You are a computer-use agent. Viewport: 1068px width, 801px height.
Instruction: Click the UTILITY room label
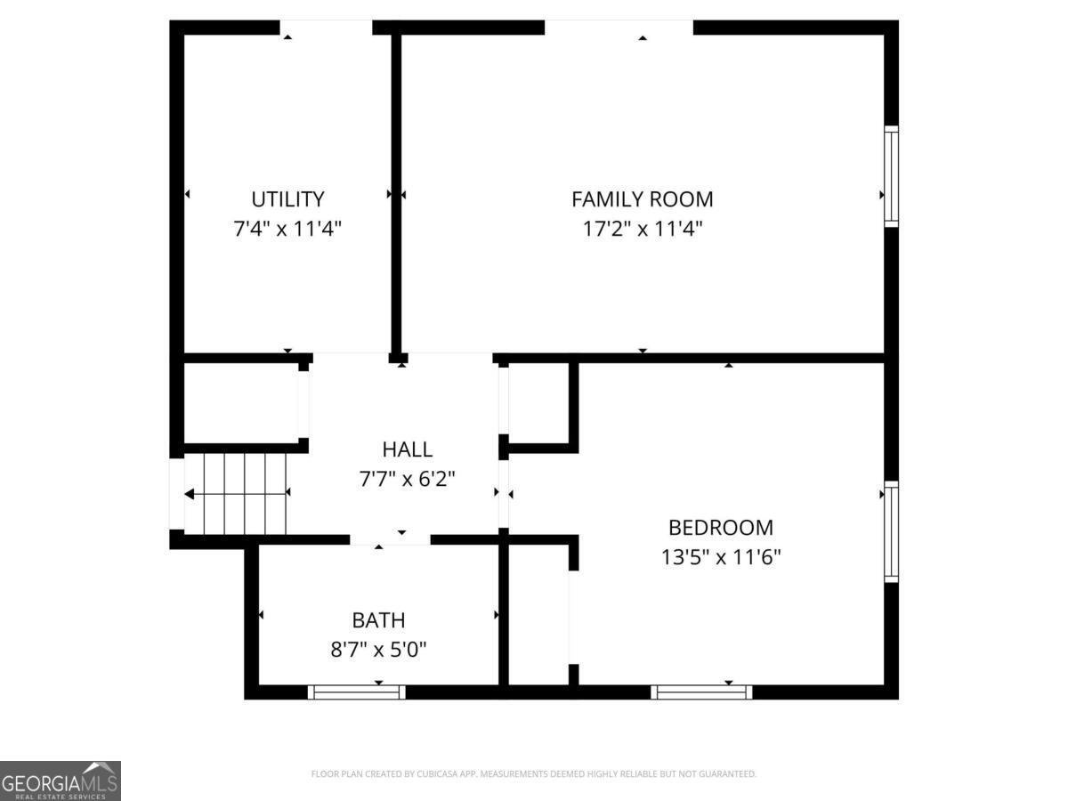click(287, 198)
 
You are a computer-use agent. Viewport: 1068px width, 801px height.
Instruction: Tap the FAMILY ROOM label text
click(643, 198)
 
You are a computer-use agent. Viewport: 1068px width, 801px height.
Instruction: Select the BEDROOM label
click(721, 528)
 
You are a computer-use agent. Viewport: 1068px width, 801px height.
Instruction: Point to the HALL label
click(407, 449)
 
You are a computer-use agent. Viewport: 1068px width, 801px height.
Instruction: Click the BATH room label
click(378, 620)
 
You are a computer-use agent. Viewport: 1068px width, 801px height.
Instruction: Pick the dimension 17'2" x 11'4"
click(643, 228)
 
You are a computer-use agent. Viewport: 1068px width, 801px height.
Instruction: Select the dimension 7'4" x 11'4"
click(287, 228)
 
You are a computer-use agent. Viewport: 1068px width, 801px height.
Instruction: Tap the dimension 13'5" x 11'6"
click(721, 557)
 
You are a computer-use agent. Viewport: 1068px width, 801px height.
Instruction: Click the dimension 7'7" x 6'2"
click(407, 479)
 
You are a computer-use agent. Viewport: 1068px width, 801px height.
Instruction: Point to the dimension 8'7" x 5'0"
click(378, 650)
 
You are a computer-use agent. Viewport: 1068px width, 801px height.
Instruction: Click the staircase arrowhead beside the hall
click(190, 494)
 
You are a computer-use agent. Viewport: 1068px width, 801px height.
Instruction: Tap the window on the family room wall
click(891, 176)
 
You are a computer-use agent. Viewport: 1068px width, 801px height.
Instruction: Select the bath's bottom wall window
click(357, 692)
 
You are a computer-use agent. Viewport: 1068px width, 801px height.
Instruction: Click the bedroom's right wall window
click(891, 531)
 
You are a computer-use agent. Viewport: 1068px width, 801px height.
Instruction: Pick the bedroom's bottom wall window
click(701, 692)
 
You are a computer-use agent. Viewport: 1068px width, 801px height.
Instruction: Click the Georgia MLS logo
click(61, 781)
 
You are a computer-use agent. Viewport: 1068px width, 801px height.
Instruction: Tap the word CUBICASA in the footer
click(436, 773)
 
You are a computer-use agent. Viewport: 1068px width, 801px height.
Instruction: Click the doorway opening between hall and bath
click(390, 538)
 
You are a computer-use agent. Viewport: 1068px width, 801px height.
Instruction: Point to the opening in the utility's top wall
click(326, 28)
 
